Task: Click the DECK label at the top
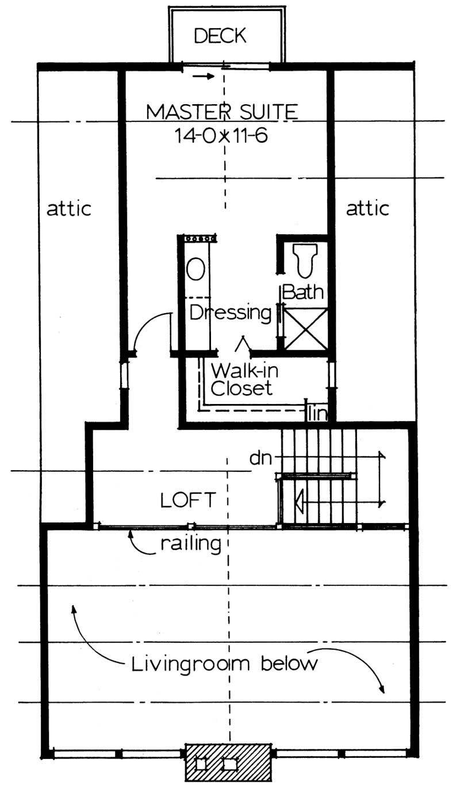coord(220,36)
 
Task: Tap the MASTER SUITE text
coord(222,111)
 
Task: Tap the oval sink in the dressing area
coord(195,268)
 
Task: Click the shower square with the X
coord(306,329)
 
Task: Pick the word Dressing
coord(231,314)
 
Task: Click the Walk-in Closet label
coord(241,378)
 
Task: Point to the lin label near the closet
coord(317,413)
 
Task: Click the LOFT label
coord(188,500)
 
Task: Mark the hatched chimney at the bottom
coord(228,762)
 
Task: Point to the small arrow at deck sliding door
coord(201,75)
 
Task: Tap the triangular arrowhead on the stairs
coord(298,501)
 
